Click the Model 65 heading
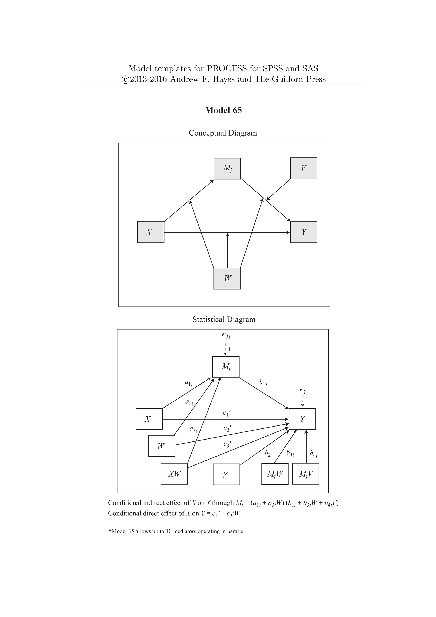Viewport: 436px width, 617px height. pyautogui.click(x=223, y=110)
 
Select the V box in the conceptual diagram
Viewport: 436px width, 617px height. pyautogui.click(x=303, y=168)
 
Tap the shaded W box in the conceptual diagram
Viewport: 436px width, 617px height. pyautogui.click(x=227, y=278)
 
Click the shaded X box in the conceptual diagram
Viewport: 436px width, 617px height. pyautogui.click(x=151, y=232)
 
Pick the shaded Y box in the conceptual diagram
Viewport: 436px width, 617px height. pyautogui.click(x=303, y=232)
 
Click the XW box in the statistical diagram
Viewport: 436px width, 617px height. pyautogui.click(x=174, y=474)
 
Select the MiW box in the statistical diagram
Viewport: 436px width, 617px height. pyautogui.click(x=275, y=474)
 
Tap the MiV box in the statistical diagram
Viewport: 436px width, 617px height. pyautogui.click(x=305, y=474)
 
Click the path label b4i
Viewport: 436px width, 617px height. pyautogui.click(x=313, y=454)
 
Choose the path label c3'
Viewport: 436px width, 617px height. pyautogui.click(x=227, y=444)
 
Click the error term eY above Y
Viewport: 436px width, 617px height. pyautogui.click(x=303, y=390)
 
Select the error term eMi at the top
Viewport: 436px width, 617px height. pyautogui.click(x=227, y=335)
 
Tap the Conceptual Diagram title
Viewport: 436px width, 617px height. pyautogui.click(x=223, y=133)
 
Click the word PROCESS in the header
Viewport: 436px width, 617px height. pyautogui.click(x=227, y=69)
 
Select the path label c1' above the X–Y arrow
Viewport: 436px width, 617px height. pyautogui.click(x=227, y=413)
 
